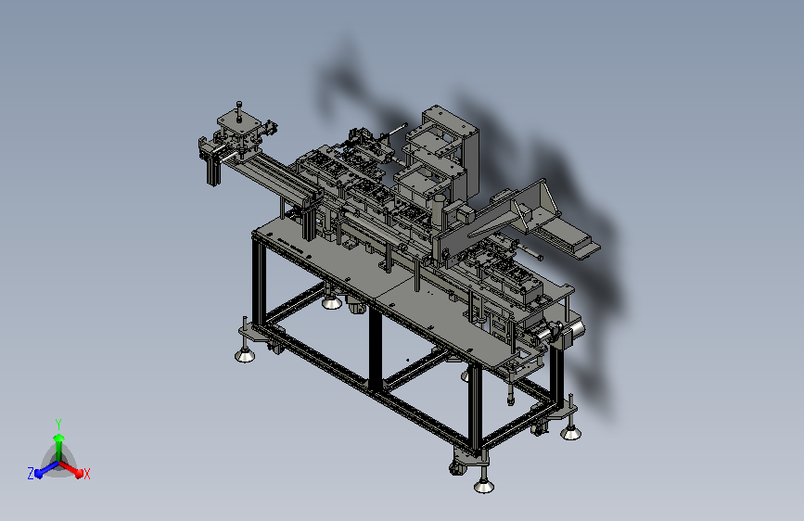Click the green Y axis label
58,424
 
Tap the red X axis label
86,474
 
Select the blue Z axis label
31,474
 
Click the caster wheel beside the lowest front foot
456,467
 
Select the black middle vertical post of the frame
376,349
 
